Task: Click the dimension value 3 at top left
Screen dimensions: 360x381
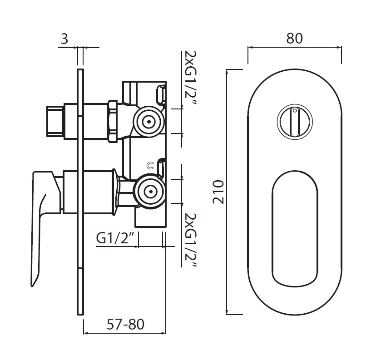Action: pos(64,39)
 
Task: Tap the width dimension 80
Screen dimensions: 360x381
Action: pos(294,39)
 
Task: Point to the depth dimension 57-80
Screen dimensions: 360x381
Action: pos(125,325)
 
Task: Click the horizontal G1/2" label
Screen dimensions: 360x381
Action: pos(117,238)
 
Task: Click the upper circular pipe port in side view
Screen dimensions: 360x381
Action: pos(148,121)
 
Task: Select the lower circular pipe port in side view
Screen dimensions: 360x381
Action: pos(148,191)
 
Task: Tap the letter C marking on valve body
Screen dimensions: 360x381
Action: pos(150,166)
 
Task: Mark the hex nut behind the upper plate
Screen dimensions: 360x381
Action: pos(113,121)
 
